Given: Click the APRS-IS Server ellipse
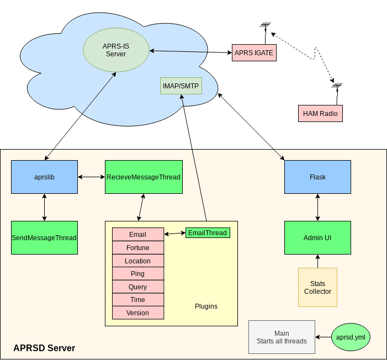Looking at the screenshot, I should tap(116, 50).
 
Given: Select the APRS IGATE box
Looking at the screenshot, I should tap(253, 52).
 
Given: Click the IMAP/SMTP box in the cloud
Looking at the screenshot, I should tap(181, 86).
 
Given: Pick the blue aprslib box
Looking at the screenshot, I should tap(44, 177).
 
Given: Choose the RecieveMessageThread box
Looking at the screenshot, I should tap(144, 177).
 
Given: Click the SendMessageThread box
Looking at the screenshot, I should tap(44, 237).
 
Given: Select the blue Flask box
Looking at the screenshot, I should tap(317, 177).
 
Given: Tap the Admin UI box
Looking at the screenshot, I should tap(317, 237).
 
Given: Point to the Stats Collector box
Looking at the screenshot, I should tap(317, 287).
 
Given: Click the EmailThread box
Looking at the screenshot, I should tap(208, 232).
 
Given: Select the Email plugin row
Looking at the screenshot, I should tap(138, 235).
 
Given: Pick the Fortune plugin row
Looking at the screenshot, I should tap(138, 248).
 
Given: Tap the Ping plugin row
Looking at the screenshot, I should tap(138, 274).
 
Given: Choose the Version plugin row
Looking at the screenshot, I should tap(138, 313).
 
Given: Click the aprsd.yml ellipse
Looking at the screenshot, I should tap(351, 337).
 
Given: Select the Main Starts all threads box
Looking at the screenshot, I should tap(282, 337).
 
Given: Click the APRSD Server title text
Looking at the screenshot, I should tap(44, 348).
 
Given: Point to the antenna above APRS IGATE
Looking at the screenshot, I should tap(265, 27).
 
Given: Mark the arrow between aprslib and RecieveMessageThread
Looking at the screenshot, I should tap(91, 177).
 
